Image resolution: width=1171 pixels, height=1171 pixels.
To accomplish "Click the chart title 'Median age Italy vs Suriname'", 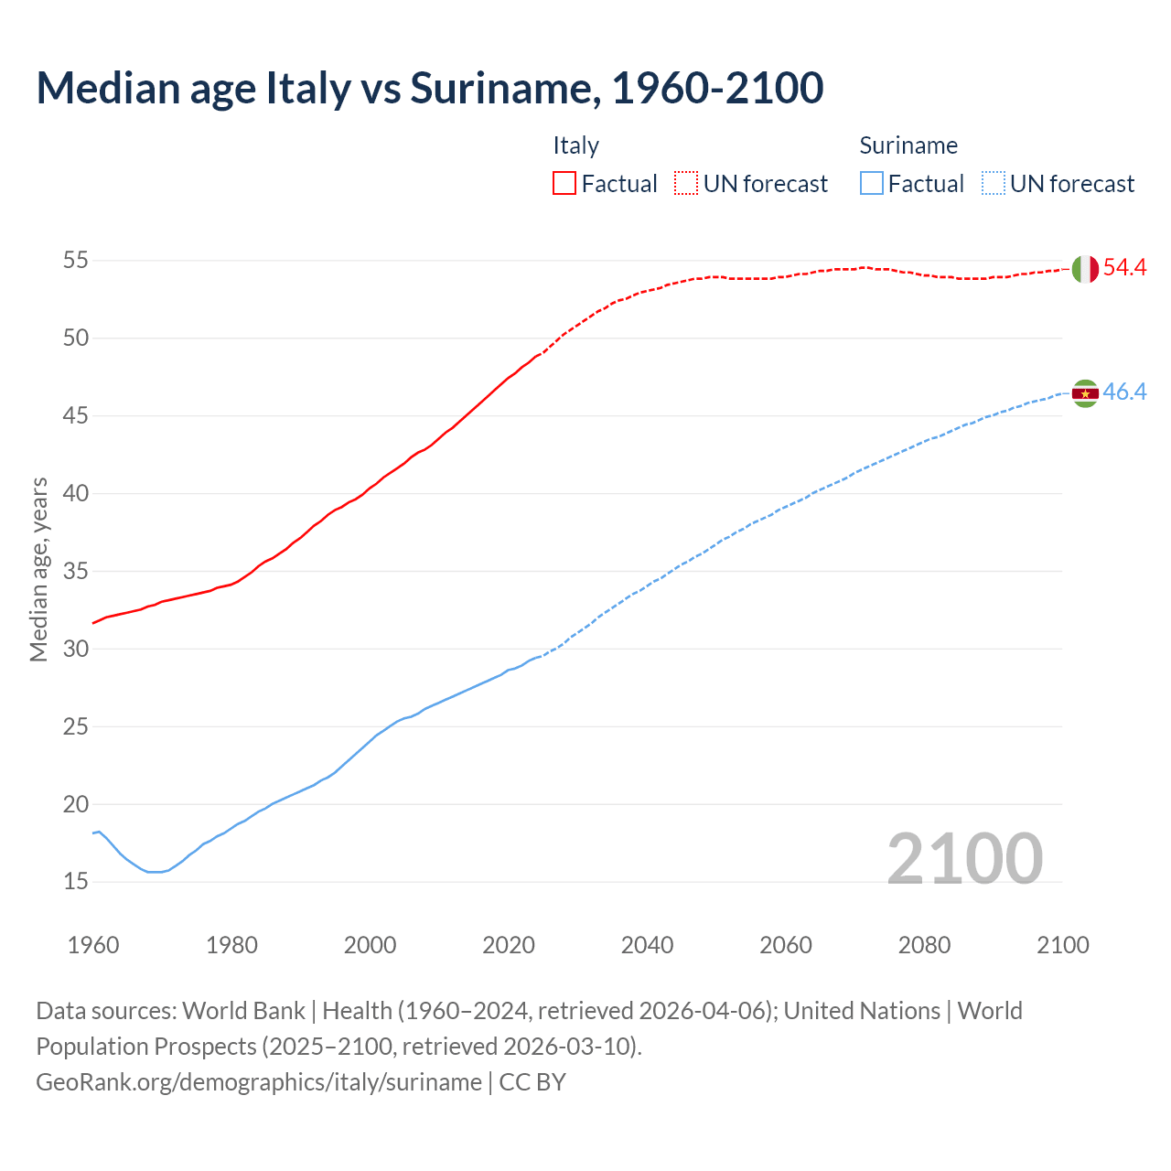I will pos(429,88).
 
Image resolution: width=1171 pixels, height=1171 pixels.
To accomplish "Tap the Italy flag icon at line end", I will pos(1085,269).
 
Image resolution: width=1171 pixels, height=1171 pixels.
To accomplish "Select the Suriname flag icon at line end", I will pos(1085,393).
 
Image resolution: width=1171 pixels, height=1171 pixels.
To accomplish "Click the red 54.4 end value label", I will pos(1124,268).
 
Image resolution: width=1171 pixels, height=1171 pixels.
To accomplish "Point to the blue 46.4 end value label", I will pos(1124,392).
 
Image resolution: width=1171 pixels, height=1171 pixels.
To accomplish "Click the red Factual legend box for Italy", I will pos(564,184).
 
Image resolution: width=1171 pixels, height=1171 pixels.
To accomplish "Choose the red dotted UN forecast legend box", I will pos(686,184).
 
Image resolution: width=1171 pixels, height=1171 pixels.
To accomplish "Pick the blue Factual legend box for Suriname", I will pos(871,184).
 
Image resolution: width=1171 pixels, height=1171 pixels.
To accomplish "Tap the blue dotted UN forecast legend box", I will pos(993,184).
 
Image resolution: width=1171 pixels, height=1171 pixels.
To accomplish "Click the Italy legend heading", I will pos(575,145).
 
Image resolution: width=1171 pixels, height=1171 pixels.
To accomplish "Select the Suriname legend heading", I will pos(908,145).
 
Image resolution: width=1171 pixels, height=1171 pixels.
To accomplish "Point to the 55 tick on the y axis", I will pos(76,261).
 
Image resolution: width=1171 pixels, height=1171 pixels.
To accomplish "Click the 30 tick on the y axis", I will pos(76,650).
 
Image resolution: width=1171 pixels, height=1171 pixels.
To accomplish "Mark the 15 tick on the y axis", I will pos(76,882).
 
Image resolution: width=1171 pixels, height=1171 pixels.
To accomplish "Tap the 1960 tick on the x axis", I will pos(93,945).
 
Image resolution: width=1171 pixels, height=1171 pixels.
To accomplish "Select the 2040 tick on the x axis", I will pos(647,945).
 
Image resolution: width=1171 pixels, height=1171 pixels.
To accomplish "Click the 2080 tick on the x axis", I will pos(924,945).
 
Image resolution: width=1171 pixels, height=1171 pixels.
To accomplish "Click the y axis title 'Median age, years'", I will pos(38,569).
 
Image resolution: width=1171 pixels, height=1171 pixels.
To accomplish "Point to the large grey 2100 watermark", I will pos(965,859).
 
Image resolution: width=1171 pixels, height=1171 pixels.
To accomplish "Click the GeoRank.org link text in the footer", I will pos(258,1082).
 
